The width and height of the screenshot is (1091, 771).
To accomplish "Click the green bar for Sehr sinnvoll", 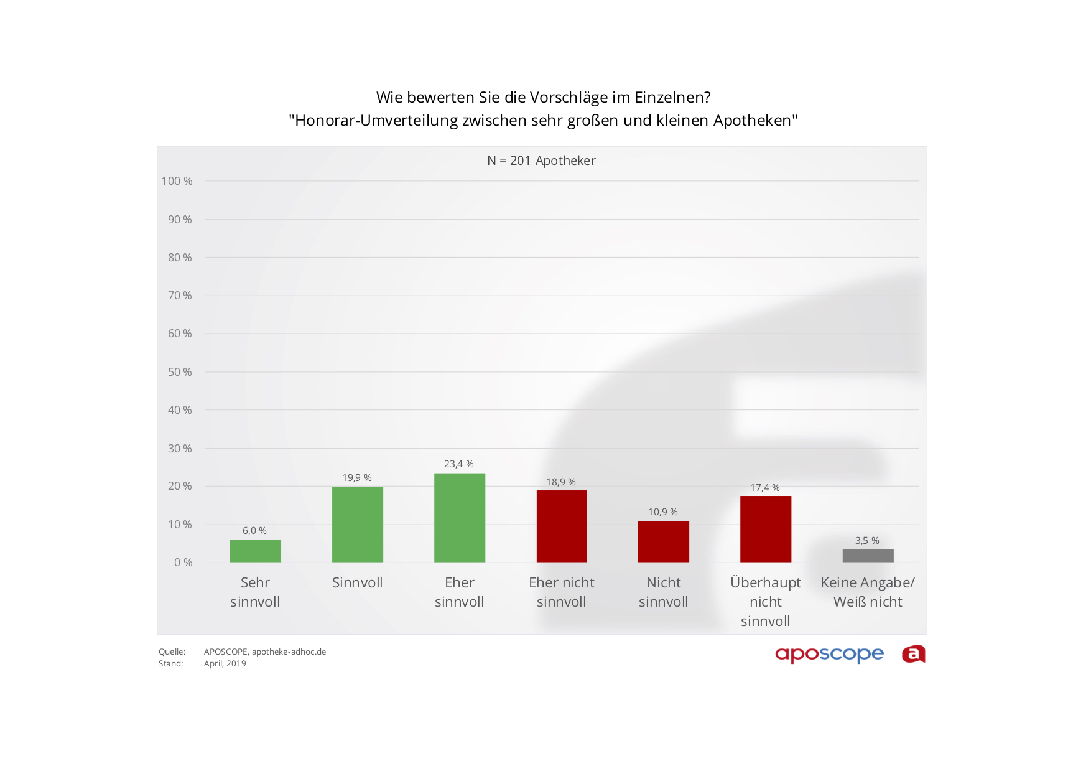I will (x=255, y=551).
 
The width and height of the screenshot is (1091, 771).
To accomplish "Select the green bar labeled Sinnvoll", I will (x=357, y=524).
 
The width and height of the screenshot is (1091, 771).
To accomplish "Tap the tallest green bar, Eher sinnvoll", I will (x=459, y=518).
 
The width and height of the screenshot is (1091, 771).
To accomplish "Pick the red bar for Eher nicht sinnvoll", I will (x=561, y=526).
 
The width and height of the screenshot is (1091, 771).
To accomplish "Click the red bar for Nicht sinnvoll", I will (x=663, y=541).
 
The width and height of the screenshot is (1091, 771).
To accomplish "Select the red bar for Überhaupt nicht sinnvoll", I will (x=765, y=529).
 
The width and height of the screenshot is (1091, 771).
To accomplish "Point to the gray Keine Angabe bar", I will (x=868, y=556).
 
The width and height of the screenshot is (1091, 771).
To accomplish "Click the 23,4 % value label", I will (x=458, y=464).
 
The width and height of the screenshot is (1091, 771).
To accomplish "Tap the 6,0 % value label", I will (x=254, y=531).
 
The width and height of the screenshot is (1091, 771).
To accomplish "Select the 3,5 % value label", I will (x=867, y=541).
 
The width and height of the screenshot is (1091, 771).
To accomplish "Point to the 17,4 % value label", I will (x=764, y=488).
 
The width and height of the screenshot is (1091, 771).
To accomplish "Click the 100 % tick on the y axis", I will (x=177, y=181).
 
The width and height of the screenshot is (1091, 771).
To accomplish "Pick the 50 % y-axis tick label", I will (x=180, y=372).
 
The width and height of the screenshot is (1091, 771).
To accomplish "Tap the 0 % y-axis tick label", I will (x=183, y=563).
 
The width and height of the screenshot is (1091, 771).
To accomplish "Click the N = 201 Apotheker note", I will (x=541, y=161).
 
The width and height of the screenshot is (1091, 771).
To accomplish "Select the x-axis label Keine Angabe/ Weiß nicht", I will (x=868, y=592).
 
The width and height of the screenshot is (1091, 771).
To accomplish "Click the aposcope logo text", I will (x=829, y=654).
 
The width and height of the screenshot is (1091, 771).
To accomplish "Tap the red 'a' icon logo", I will (x=913, y=654).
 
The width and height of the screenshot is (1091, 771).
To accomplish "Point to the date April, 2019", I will (x=225, y=664).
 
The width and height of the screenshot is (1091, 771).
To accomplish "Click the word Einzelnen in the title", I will (x=672, y=98).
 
